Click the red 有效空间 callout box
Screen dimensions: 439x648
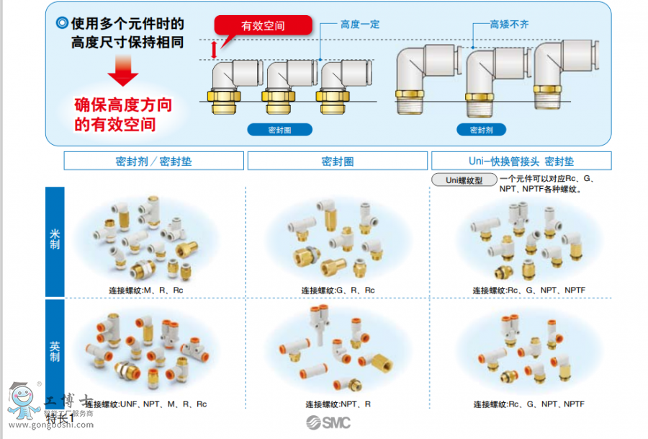point(264,26)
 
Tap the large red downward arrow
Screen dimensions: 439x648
point(124,71)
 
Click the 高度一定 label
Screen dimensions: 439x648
point(360,25)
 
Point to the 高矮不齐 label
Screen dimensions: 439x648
point(509,25)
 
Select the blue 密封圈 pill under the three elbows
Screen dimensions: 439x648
point(280,130)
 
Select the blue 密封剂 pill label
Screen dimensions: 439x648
point(481,130)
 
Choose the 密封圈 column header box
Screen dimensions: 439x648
point(337,161)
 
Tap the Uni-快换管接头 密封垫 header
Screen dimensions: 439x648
point(521,161)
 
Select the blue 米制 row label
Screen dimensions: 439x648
point(55,241)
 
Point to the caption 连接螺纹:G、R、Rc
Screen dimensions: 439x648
point(338,291)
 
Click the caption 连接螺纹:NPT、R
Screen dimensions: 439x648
point(338,404)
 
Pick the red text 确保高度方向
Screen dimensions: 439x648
point(124,105)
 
